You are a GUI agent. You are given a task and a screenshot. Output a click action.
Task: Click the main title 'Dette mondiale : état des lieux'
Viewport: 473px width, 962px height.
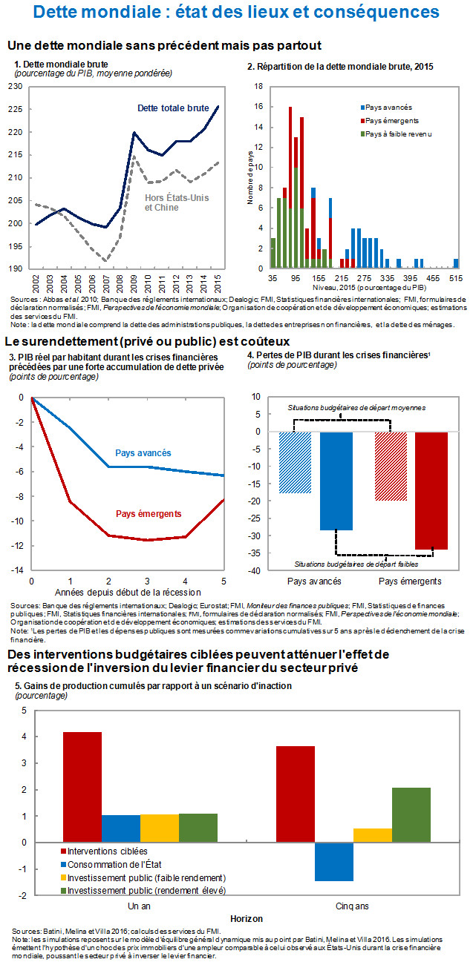pos(236,13)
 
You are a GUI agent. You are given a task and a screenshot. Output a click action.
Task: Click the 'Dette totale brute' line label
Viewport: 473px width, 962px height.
pos(173,108)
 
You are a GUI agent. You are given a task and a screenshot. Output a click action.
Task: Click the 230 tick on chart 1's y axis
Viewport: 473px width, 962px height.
pos(14,87)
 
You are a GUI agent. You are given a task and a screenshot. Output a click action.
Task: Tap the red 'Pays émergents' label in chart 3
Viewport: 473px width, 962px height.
pos(149,513)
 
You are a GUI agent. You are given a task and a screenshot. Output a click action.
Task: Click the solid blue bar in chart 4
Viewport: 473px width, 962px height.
pos(336,481)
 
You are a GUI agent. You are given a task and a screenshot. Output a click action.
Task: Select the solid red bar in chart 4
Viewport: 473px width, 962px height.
pos(431,490)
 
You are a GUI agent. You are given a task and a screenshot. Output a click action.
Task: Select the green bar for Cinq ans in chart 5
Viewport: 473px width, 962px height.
pos(411,814)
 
